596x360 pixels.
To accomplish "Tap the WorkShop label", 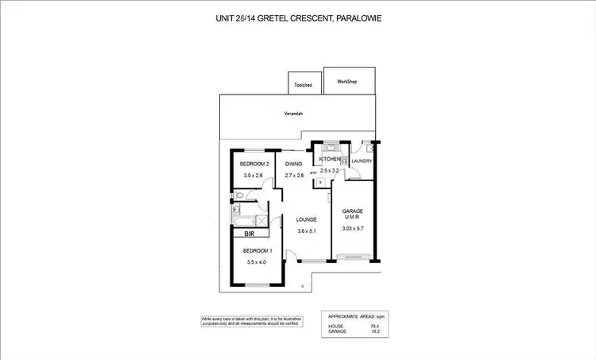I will pos(346,81).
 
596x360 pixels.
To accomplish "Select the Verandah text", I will pos(294,114).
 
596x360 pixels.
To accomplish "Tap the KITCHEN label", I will pos(329,160).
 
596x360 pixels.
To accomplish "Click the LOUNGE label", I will pos(307,219).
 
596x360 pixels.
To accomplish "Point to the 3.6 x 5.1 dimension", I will pos(307,231).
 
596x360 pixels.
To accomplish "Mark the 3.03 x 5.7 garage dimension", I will pos(352,228).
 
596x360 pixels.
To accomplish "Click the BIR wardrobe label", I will pos(249,234).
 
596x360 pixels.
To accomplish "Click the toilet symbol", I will pos(239,195).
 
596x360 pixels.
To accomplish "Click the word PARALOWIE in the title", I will pos(355,17).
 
